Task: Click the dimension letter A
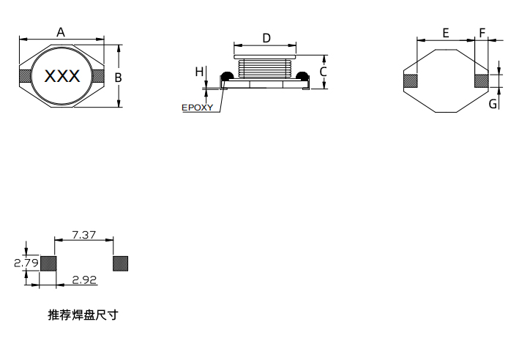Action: pos(61,31)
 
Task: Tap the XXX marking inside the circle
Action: pos(63,76)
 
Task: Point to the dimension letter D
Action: pos(266,37)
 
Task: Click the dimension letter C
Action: pos(322,72)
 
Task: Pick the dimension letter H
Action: pos(198,71)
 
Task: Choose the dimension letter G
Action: pos(493,104)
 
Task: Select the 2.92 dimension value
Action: pos(85,280)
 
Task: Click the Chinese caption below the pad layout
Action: pos(83,315)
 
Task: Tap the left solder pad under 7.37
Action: pos(48,263)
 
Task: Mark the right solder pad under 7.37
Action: pos(120,263)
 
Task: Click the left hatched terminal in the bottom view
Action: pos(411,81)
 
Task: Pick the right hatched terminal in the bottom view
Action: pos(482,81)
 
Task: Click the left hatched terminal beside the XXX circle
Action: pos(25,76)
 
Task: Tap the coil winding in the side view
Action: pos(266,69)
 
